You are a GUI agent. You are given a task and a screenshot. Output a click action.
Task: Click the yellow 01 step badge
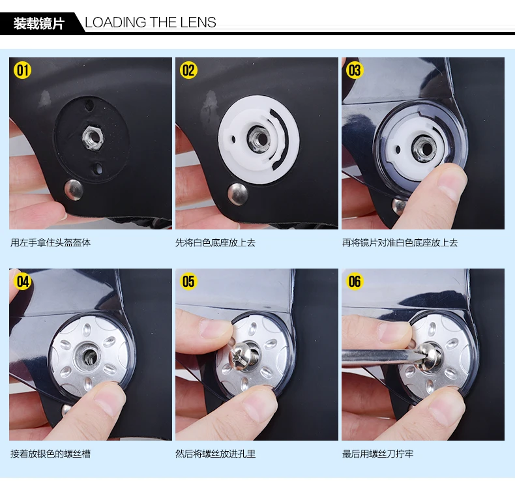tap(22, 70)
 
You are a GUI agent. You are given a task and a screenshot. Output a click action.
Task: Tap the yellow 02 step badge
tap(188, 70)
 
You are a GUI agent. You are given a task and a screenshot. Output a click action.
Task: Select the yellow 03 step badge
tap(355, 70)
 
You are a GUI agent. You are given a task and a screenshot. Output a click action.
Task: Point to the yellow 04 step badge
tap(22, 281)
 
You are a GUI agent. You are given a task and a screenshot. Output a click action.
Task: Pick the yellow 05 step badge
tap(188, 281)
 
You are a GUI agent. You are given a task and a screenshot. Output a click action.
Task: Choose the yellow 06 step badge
tap(355, 281)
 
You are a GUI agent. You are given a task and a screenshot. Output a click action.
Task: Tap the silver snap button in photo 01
tap(74, 190)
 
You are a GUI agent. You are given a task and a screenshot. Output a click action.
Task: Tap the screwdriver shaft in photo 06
tap(378, 356)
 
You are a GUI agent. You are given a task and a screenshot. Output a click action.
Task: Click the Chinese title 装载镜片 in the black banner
tap(38, 23)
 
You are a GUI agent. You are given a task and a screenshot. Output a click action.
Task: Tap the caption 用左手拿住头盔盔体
tap(50, 242)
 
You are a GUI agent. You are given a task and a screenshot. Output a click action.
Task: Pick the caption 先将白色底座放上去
tap(216, 242)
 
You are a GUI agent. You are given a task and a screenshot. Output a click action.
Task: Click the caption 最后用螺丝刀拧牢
tap(378, 454)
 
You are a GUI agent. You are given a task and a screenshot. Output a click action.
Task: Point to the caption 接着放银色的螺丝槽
tap(50, 454)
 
